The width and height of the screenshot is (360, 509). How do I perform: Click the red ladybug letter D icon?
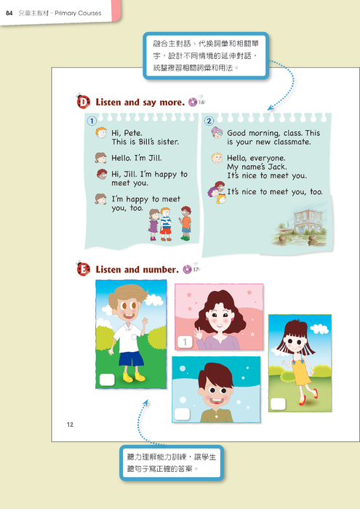click(83, 102)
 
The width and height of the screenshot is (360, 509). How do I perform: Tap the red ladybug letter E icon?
click(83, 269)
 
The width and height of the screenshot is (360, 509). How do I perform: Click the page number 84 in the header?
click(9, 13)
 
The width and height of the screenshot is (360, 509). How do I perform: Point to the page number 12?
click(70, 425)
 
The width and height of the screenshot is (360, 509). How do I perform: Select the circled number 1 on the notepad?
click(92, 121)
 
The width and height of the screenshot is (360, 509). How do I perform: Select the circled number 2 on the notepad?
click(209, 121)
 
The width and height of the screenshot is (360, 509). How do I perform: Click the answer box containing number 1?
click(185, 342)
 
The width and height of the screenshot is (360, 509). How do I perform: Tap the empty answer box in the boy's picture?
click(107, 380)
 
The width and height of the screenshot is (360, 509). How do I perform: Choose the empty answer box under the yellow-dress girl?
click(279, 404)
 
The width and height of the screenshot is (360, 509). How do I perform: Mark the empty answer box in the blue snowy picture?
click(182, 414)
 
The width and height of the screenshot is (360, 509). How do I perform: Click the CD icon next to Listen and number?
click(188, 269)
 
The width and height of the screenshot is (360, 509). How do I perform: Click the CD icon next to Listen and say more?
click(193, 102)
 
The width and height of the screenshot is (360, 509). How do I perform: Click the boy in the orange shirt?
click(185, 223)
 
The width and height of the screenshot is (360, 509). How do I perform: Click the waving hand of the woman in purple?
click(198, 334)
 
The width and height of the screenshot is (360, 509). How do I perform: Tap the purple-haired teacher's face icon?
click(217, 132)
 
